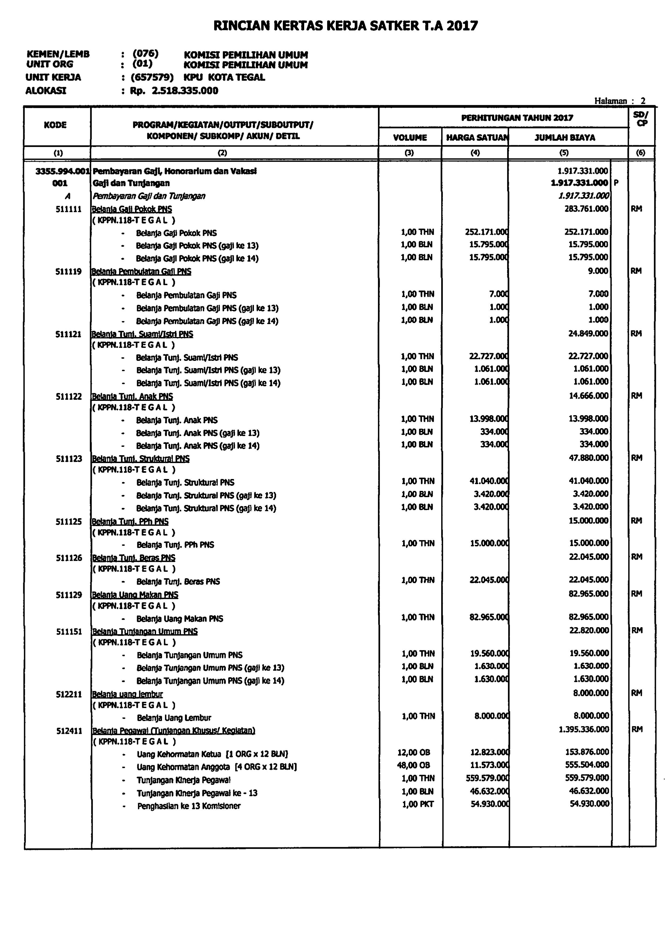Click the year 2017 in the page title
click(x=461, y=26)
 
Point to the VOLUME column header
click(x=410, y=138)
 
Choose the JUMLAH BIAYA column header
click(x=564, y=138)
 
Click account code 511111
click(x=69, y=209)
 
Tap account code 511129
click(x=69, y=595)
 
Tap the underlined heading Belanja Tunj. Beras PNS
click(x=134, y=558)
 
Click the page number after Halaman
click(x=643, y=101)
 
